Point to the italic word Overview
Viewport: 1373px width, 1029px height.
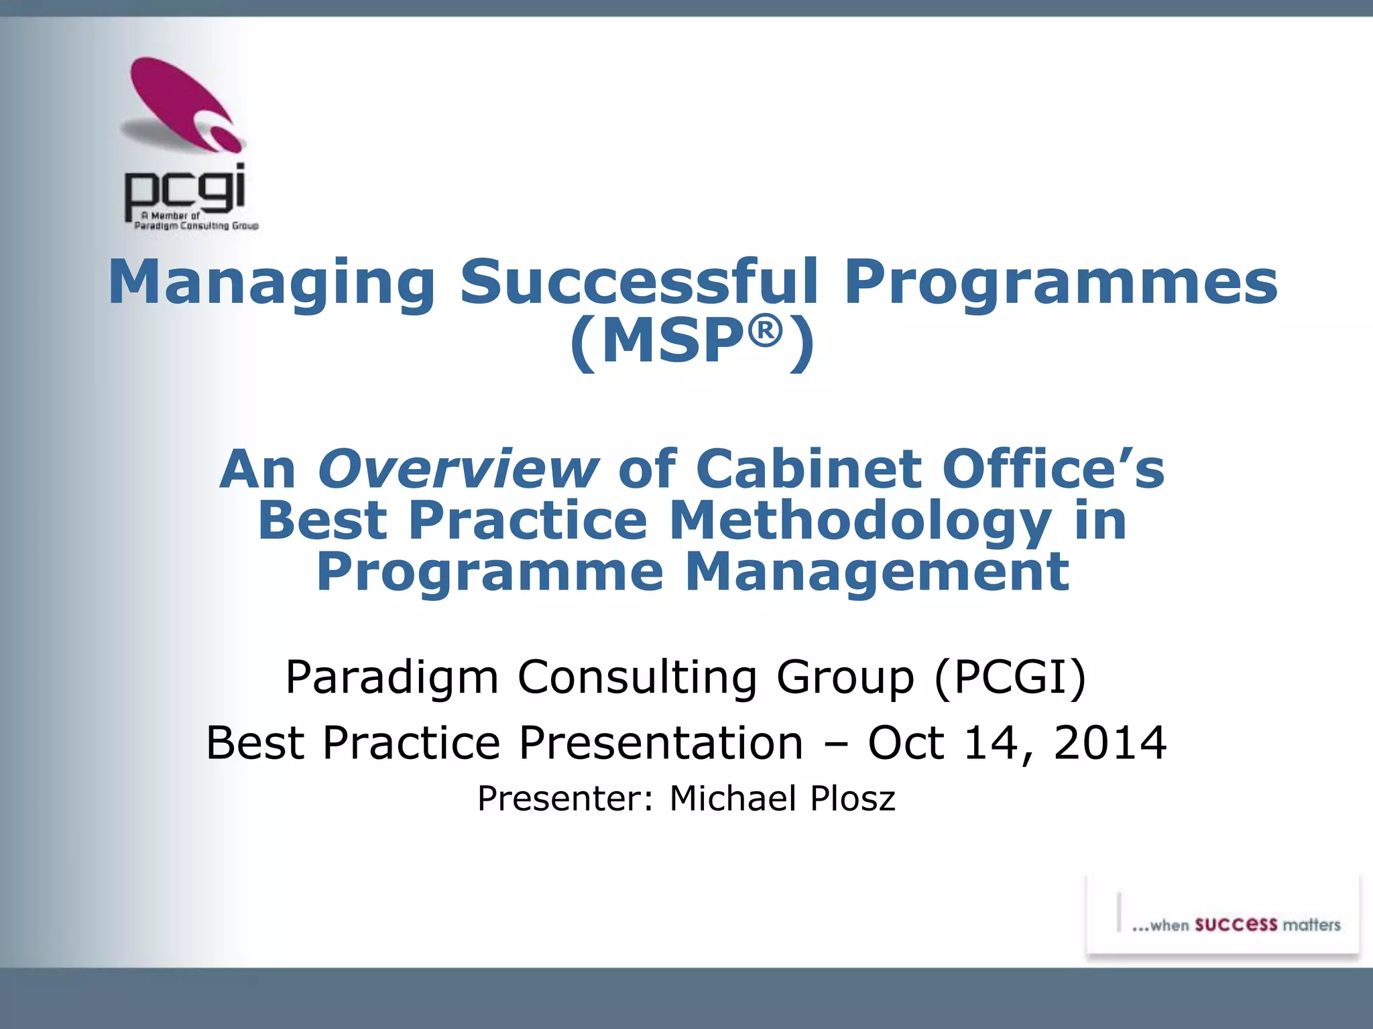(457, 469)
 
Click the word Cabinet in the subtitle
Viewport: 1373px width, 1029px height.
(808, 469)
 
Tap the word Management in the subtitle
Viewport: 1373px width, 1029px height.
(876, 573)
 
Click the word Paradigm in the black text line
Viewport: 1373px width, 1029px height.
(392, 678)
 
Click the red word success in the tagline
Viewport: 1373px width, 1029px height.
(1236, 924)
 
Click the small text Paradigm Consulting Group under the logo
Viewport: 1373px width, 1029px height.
(196, 226)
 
